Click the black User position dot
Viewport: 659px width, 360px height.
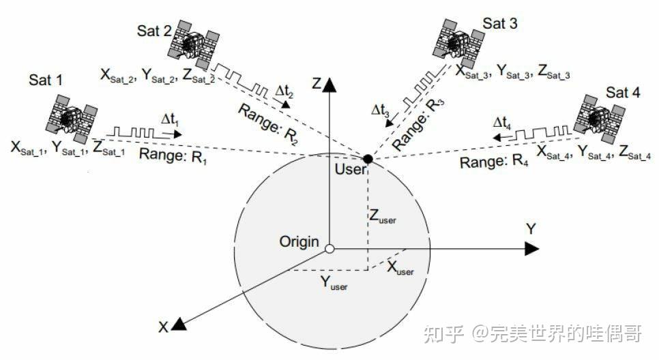pos(368,159)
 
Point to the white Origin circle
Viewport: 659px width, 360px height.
pos(329,250)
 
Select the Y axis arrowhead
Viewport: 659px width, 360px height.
pos(531,250)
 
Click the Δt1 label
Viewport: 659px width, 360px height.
pos(170,120)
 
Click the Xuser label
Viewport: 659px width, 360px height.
pos(400,268)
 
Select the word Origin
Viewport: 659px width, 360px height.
pos(299,241)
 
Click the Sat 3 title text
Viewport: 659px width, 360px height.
pos(500,23)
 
